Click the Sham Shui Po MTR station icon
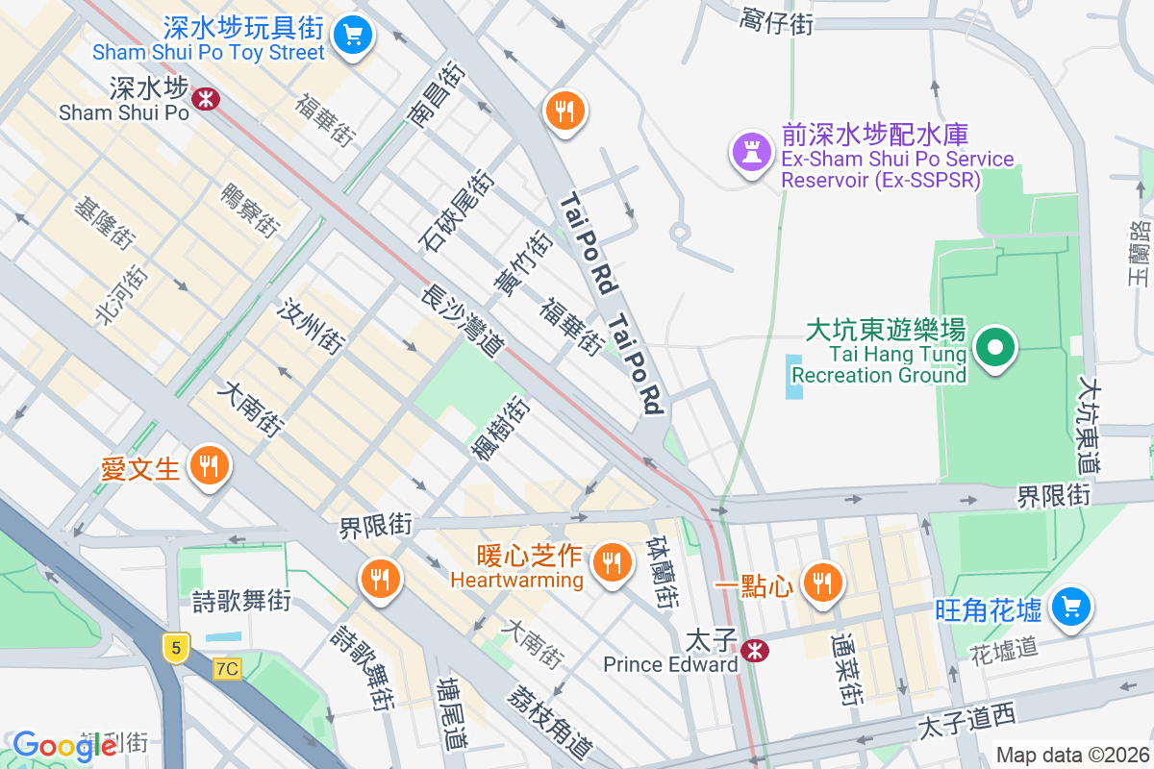tap(204, 97)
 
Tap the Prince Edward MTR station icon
tap(755, 650)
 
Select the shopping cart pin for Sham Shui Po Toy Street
tap(353, 36)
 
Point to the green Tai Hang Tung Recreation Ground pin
tap(996, 347)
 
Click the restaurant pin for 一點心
tap(821, 583)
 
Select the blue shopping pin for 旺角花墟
tap(1071, 607)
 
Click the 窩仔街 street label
tap(777, 20)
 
